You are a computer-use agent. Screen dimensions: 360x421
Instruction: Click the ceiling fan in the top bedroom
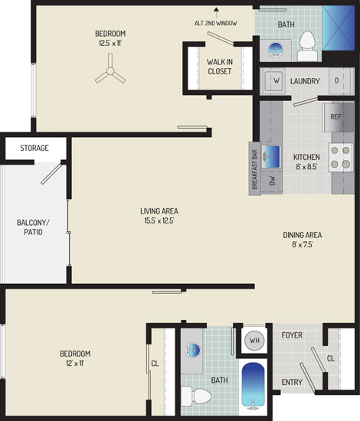click(x=110, y=71)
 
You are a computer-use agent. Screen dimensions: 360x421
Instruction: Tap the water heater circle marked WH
click(x=254, y=341)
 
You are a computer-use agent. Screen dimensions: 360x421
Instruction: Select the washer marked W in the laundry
click(x=273, y=80)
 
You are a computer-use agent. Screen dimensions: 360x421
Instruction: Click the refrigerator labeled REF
click(x=339, y=118)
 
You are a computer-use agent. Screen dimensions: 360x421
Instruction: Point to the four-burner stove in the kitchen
click(x=341, y=158)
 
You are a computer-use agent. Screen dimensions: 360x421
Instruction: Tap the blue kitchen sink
click(x=271, y=156)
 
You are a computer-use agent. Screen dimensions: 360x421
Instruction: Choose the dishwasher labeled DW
click(x=272, y=181)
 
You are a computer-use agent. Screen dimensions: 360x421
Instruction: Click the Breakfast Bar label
click(x=255, y=169)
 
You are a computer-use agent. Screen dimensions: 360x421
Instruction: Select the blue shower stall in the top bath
click(x=339, y=28)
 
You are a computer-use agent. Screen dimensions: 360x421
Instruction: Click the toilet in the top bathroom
click(x=307, y=46)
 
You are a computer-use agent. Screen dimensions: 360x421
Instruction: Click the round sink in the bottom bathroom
click(x=192, y=350)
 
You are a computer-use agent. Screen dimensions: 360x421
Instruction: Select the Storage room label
click(x=34, y=148)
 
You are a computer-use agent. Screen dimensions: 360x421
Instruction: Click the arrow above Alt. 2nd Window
click(x=216, y=12)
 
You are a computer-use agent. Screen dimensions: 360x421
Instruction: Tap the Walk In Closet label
click(x=220, y=67)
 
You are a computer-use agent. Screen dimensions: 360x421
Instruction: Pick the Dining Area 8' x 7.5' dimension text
click(x=303, y=245)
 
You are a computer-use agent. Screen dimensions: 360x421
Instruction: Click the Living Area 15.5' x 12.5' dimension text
click(x=159, y=220)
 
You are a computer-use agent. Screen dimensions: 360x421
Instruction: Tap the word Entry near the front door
click(x=292, y=382)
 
